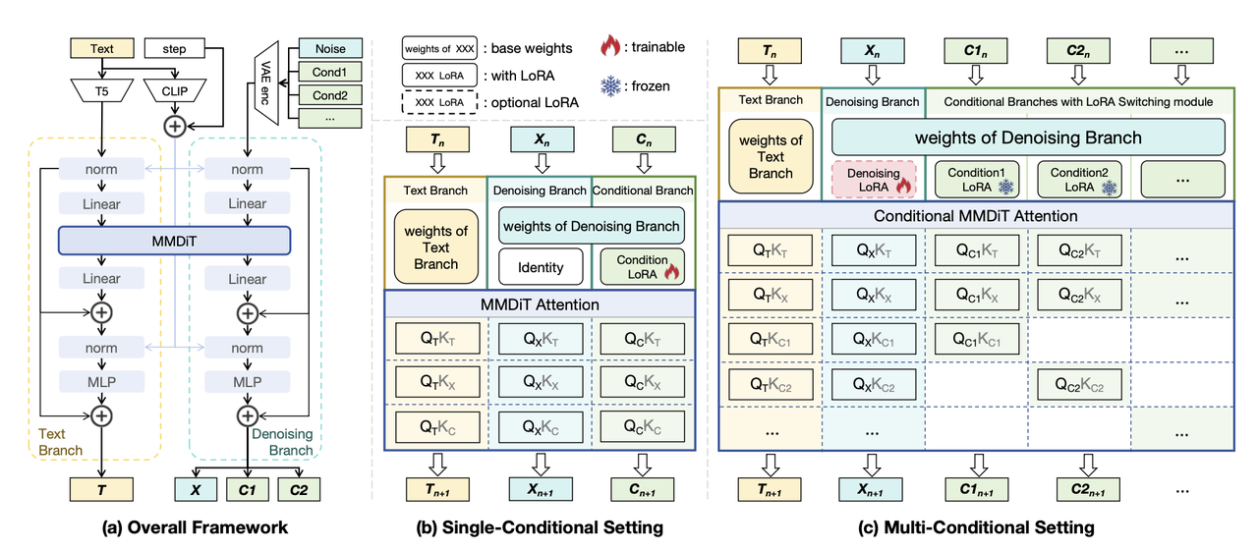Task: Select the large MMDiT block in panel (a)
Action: [174, 242]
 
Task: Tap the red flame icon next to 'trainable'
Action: [611, 47]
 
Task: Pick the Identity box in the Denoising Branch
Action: [540, 266]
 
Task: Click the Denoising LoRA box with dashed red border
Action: [874, 180]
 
